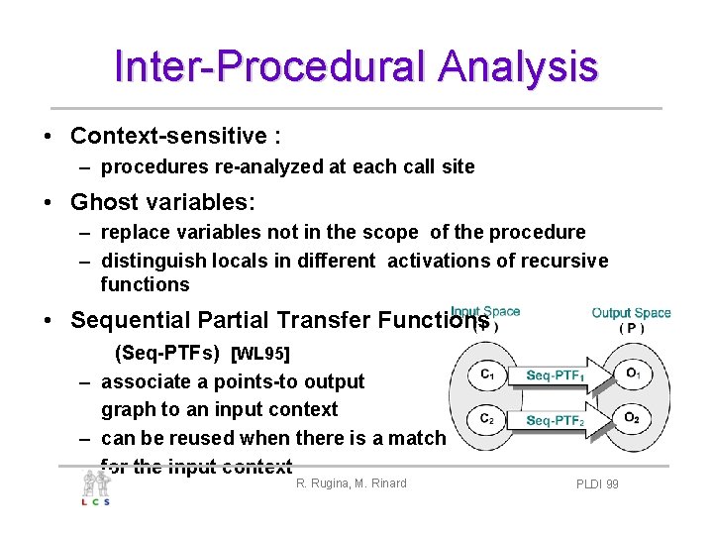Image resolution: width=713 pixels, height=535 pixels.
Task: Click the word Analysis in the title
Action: (519, 65)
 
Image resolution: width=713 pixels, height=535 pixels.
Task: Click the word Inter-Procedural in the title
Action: (271, 65)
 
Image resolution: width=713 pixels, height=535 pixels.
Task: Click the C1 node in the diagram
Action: (487, 374)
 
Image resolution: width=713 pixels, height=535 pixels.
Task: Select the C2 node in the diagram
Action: (487, 419)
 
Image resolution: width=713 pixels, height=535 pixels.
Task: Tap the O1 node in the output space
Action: (632, 374)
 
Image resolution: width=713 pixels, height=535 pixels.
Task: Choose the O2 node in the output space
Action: (632, 419)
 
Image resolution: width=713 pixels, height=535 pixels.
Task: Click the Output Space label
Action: (631, 313)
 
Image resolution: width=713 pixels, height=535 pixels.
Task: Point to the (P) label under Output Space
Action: (631, 329)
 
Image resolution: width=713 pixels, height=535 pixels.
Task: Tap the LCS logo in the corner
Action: (96, 487)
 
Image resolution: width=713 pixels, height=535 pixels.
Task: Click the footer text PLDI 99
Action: (597, 484)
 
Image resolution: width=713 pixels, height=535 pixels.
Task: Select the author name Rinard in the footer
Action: (385, 483)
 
